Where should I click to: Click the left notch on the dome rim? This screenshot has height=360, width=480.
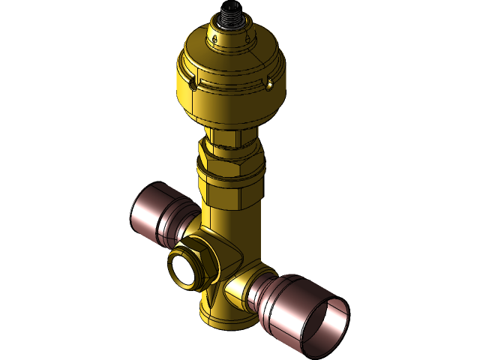pos(193,83)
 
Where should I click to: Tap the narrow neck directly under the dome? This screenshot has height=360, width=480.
pos(231,129)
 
